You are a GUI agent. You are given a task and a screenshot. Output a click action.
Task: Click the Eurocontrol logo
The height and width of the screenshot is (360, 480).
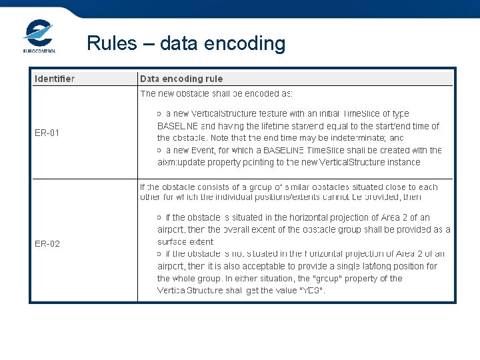point(39,36)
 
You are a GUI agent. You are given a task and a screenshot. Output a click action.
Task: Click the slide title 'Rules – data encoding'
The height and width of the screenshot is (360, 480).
point(186,43)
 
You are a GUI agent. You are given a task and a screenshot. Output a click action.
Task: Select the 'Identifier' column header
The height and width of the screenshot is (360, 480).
point(55,79)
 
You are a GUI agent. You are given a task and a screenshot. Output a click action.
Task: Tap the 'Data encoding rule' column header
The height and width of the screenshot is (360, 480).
point(181,79)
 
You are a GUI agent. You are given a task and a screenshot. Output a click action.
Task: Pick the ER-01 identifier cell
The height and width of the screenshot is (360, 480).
point(47,133)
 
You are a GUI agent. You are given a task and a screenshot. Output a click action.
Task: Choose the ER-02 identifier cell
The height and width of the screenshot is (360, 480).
point(47,244)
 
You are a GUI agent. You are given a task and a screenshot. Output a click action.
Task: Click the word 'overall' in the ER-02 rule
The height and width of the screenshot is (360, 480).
point(237,230)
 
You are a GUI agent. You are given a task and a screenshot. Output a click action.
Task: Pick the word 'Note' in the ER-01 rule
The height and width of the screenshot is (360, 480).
point(219,138)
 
